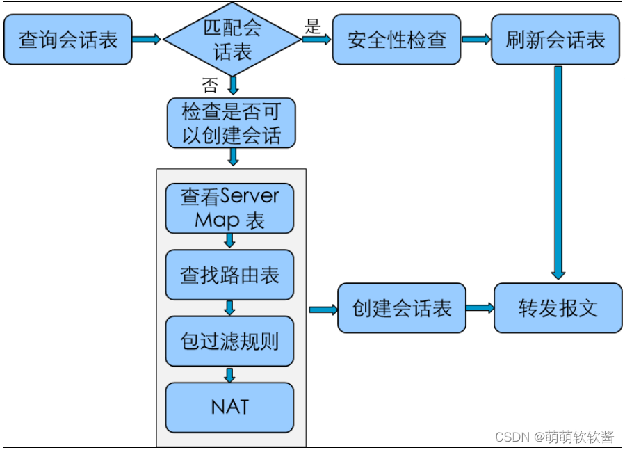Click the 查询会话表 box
point(67,40)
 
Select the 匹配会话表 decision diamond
point(232,40)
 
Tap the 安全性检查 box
point(396,40)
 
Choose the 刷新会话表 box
point(555,40)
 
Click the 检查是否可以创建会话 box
point(232,123)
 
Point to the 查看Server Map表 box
point(229,208)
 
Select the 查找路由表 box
point(229,275)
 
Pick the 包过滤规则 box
point(229,341)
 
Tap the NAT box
point(229,407)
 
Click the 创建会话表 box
point(402,308)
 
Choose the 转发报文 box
point(558,308)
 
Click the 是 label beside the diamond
point(312,27)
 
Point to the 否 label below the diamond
point(209,86)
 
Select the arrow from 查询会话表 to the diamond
point(147,40)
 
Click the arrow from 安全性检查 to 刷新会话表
point(476,40)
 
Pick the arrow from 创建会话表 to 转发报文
point(480,308)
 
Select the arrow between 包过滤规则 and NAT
point(229,375)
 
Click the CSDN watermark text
point(554,437)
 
